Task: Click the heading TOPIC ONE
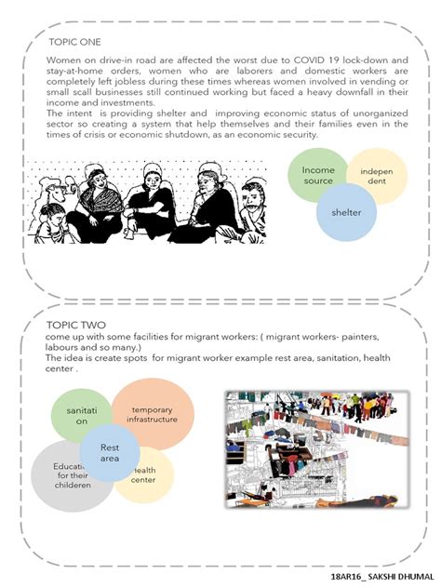tap(75, 42)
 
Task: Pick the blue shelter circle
tap(345, 213)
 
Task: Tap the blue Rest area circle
tap(110, 453)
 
